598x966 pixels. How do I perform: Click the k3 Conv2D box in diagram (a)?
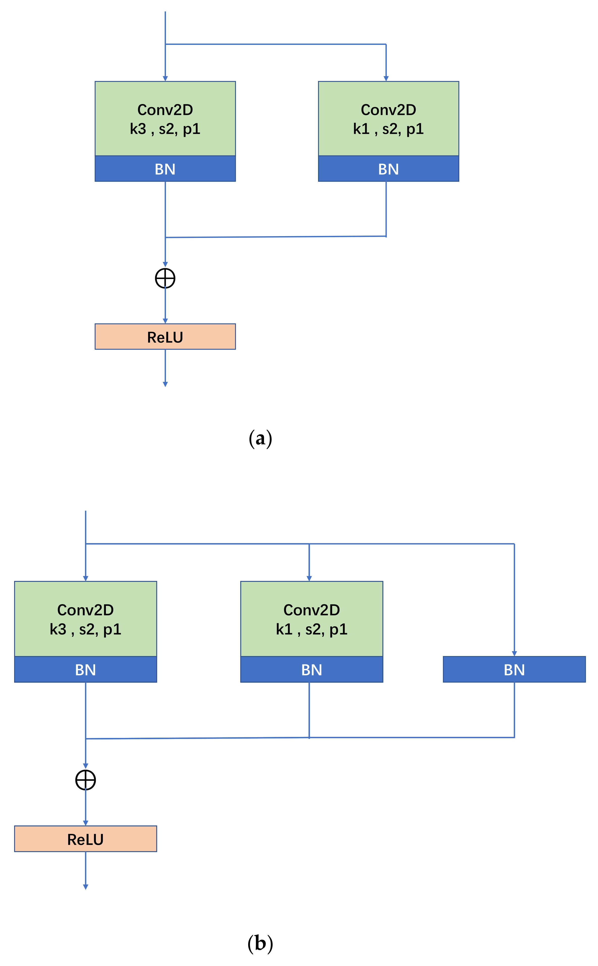[165, 118]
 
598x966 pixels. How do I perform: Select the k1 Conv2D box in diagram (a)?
[388, 118]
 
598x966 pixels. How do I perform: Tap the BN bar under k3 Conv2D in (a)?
[165, 169]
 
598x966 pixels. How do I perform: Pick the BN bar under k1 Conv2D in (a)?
[388, 169]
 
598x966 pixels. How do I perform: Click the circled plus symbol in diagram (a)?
[165, 278]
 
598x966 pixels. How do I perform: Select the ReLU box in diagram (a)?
[165, 337]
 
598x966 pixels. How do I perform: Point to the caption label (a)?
[260, 439]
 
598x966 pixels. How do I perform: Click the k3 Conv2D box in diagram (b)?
[86, 619]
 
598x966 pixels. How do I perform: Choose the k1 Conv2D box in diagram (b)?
[312, 619]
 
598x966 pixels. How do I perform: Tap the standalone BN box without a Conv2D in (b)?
[514, 669]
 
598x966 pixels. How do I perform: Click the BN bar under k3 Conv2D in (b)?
[86, 669]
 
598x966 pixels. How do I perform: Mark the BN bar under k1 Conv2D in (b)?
[312, 669]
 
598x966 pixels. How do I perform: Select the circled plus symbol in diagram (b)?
[86, 780]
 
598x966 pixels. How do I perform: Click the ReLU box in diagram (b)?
[86, 839]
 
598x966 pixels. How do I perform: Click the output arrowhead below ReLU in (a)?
[165, 384]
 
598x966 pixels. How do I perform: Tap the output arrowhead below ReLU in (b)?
[86, 887]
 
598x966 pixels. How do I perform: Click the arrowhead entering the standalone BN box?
[514, 653]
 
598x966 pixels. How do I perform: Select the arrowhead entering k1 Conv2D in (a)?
[386, 79]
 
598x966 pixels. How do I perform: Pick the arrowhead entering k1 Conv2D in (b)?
[309, 578]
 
